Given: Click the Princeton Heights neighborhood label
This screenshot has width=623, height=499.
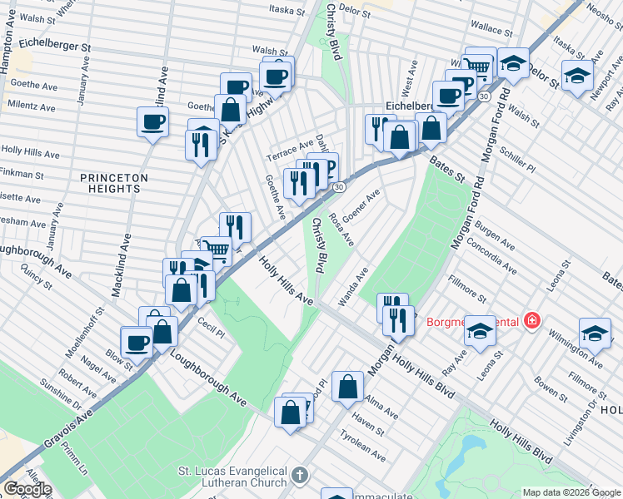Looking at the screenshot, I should coord(115,183).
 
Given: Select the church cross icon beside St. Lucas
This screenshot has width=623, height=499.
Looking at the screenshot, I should coord(300,477).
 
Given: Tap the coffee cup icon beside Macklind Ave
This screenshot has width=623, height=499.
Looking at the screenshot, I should coord(152,121).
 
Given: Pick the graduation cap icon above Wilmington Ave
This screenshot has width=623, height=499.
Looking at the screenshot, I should coord(594,333).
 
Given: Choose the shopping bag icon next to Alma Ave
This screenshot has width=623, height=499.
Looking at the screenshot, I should coord(347,386).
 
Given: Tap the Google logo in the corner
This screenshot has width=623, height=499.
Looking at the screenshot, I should coord(27,489).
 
